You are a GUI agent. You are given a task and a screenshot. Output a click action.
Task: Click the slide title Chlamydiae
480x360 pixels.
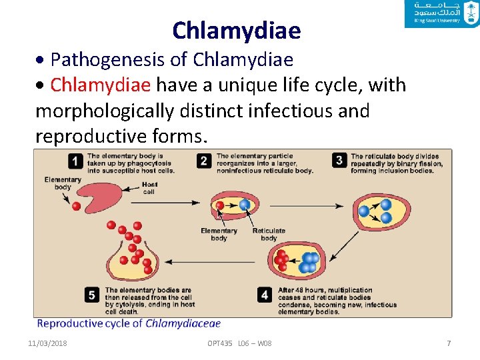point(236,31)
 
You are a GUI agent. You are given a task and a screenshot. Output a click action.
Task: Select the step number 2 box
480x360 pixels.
point(205,161)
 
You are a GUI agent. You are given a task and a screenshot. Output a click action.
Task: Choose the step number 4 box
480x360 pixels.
point(265,295)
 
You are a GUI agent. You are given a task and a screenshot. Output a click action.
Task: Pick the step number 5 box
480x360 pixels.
point(93,295)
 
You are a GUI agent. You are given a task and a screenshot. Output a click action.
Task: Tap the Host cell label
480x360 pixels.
point(149,188)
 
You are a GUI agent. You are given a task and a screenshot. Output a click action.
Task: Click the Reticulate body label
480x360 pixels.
point(269,234)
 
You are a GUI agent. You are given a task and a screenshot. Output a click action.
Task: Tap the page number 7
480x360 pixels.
point(449,343)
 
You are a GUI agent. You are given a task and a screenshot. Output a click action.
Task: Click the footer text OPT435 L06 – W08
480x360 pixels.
point(239,343)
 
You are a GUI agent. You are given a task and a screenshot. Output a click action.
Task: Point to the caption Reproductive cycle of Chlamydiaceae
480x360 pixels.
point(129,324)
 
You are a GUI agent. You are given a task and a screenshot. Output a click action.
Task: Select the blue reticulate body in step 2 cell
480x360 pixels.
point(245,205)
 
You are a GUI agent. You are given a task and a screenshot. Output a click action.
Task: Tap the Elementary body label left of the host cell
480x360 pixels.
point(63,183)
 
